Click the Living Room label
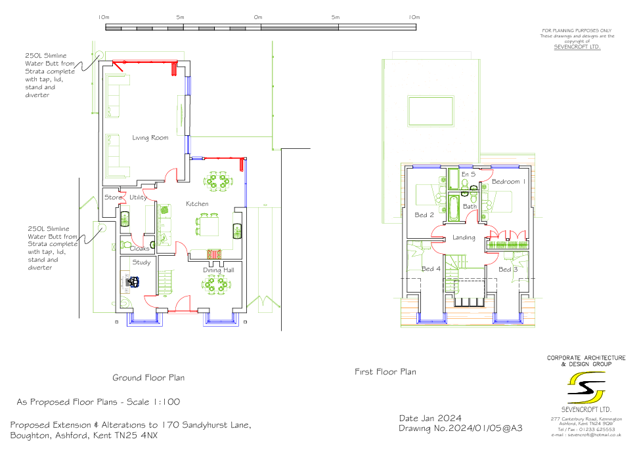150,138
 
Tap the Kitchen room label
197,204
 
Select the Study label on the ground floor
141,262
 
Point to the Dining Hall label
219,270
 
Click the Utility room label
138,197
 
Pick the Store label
113,197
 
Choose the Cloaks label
139,249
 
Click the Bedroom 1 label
508,182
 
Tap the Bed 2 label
424,215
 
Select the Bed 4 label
431,268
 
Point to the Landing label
464,237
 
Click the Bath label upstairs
470,206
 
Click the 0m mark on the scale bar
258,17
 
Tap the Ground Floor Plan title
148,378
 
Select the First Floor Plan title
385,372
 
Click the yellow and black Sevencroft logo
586,388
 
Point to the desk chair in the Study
134,281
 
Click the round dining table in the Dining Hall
215,284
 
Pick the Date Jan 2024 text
430,419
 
